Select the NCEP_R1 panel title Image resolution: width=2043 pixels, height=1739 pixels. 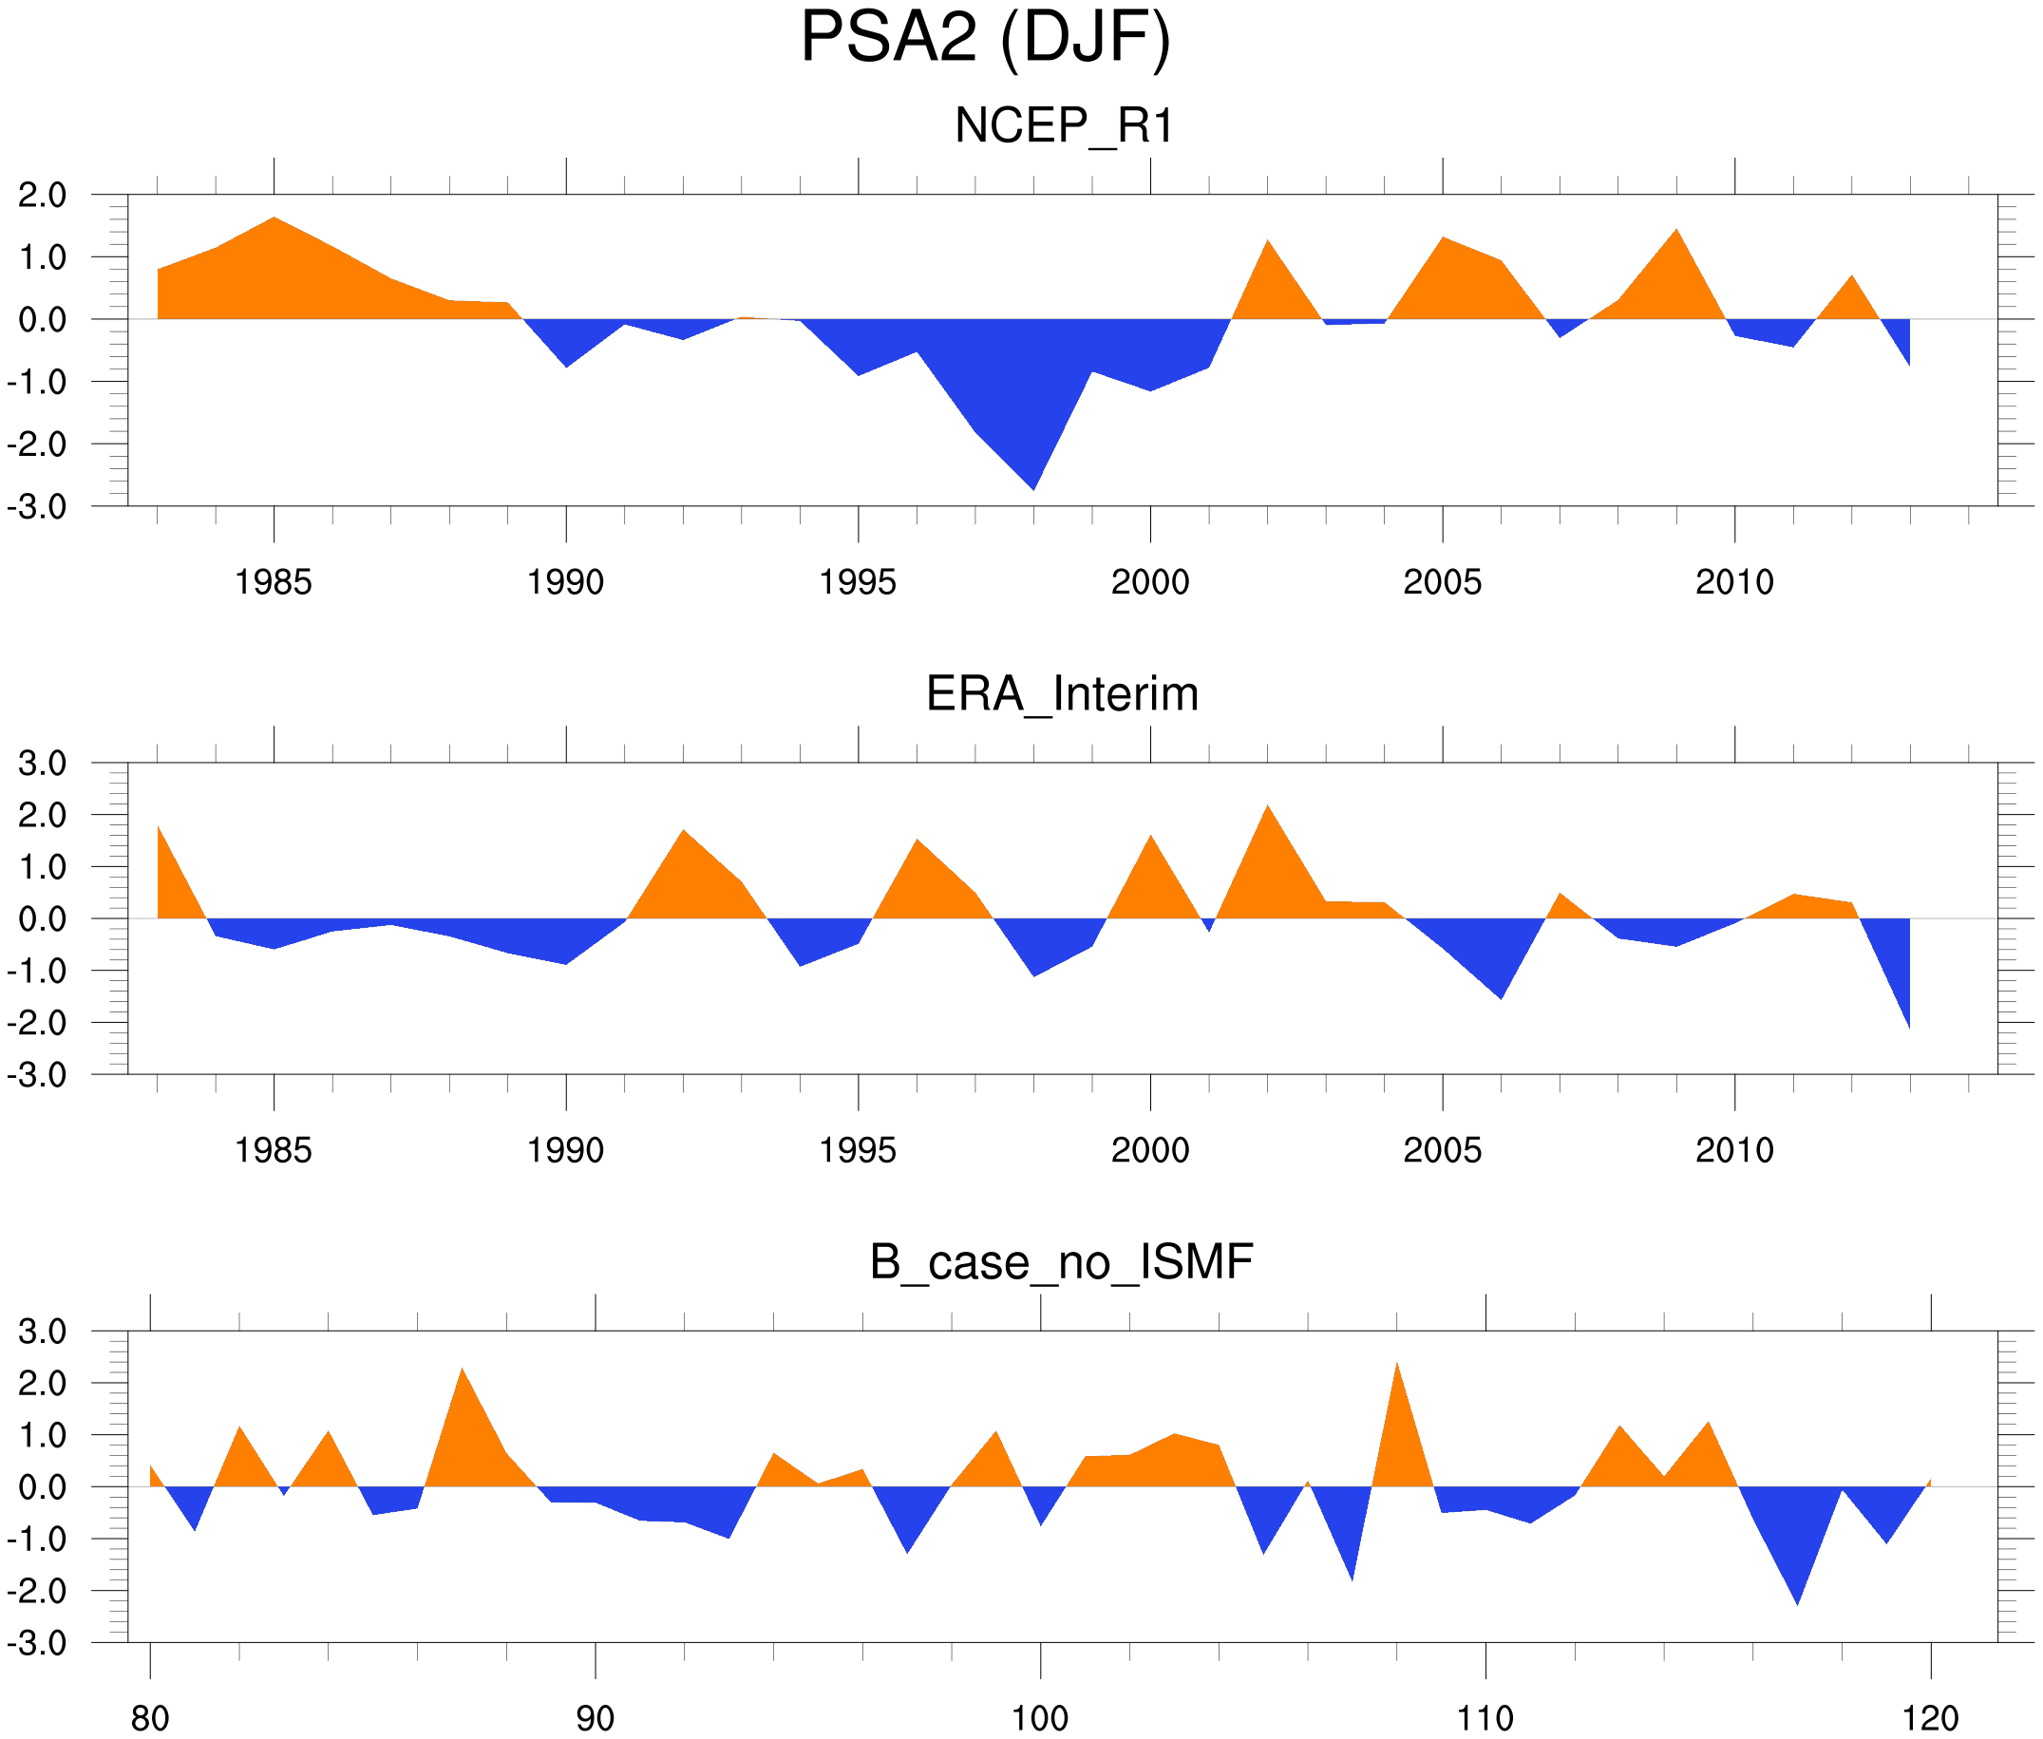pyautogui.click(x=1064, y=126)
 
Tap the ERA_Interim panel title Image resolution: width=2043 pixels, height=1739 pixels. pyautogui.click(x=1062, y=694)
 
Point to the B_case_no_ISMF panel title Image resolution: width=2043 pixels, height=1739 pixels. pyautogui.click(x=1061, y=1262)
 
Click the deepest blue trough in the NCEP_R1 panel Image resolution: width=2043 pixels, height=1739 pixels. pyautogui.click(x=1033, y=485)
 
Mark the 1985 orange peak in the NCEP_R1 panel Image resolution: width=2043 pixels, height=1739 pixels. pyautogui.click(x=274, y=221)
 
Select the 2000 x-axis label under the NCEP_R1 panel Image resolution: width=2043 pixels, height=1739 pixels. pyautogui.click(x=1149, y=582)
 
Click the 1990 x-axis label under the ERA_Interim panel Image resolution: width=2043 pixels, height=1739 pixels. pyautogui.click(x=565, y=1150)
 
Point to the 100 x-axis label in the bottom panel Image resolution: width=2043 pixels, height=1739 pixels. pyautogui.click(x=1040, y=1718)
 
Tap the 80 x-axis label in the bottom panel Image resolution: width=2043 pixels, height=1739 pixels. pyautogui.click(x=150, y=1718)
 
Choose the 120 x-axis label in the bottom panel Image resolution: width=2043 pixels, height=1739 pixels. pyautogui.click(x=1931, y=1718)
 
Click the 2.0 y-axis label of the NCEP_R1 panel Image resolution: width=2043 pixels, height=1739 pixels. pyautogui.click(x=43, y=196)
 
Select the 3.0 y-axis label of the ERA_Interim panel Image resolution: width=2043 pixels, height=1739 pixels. pyautogui.click(x=43, y=763)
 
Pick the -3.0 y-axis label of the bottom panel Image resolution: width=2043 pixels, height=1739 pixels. pyautogui.click(x=36, y=1643)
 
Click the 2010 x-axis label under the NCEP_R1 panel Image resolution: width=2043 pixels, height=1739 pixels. pyautogui.click(x=1734, y=582)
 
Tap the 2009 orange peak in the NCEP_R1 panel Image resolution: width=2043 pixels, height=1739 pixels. pyautogui.click(x=1676, y=233)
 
